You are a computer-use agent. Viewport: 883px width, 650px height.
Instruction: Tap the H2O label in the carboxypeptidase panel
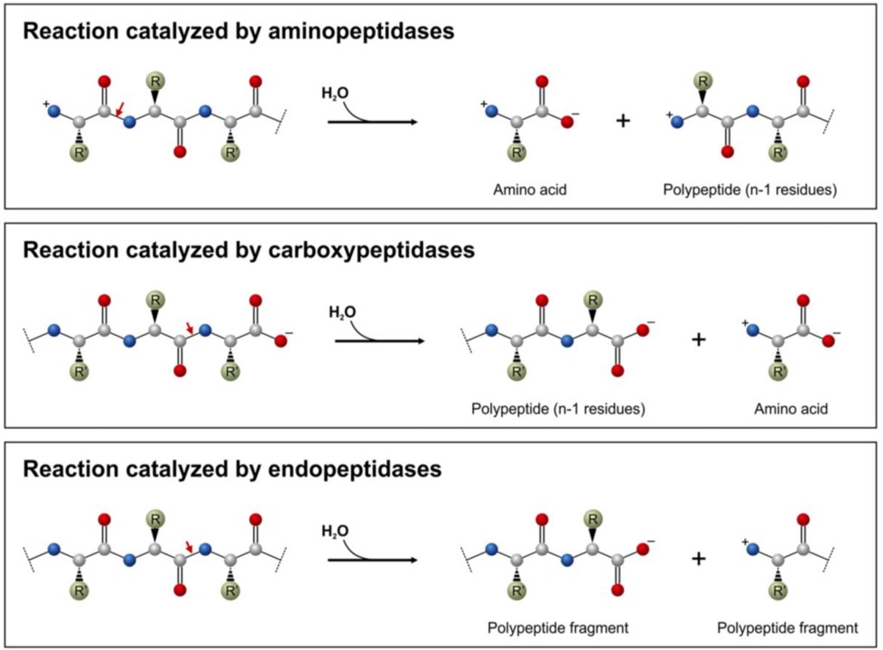(x=341, y=313)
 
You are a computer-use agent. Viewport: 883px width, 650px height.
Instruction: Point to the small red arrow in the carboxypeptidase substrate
(x=189, y=327)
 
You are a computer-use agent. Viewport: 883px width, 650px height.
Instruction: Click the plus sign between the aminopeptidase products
(x=622, y=120)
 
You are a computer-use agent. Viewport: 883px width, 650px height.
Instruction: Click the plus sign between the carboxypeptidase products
(x=698, y=339)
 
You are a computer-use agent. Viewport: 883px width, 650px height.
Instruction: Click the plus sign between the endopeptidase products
(x=698, y=559)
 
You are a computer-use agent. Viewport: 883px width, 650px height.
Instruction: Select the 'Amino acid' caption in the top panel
(x=530, y=190)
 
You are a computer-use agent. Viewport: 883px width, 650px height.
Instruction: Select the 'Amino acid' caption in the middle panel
(x=791, y=409)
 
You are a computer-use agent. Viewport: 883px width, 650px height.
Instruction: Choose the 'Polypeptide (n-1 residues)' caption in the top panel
(x=750, y=190)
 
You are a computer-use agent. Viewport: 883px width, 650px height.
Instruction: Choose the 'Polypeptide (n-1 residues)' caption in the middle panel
(x=557, y=409)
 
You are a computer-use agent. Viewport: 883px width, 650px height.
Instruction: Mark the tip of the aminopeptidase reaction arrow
(x=417, y=120)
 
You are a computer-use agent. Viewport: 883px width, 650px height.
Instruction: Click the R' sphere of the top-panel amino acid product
(x=519, y=153)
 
